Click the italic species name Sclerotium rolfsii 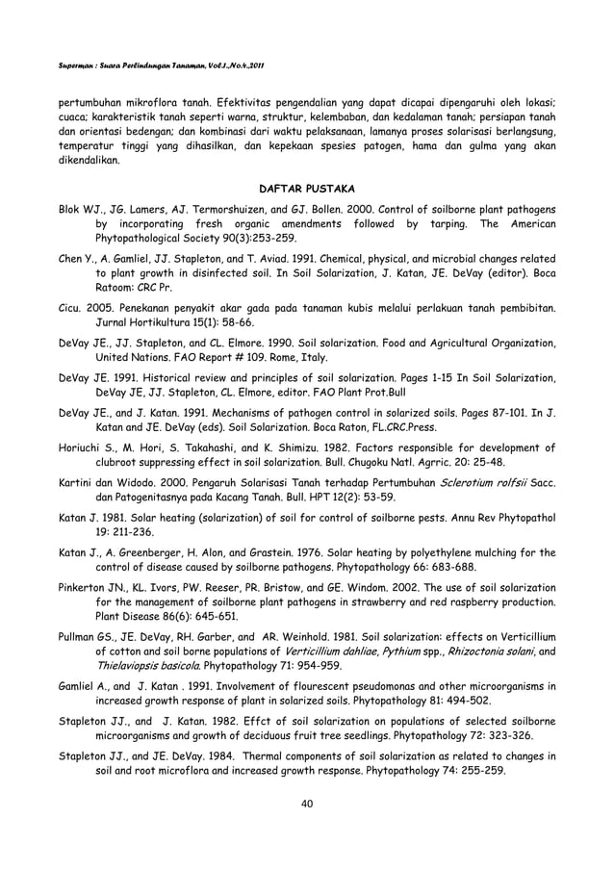tap(459, 480)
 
